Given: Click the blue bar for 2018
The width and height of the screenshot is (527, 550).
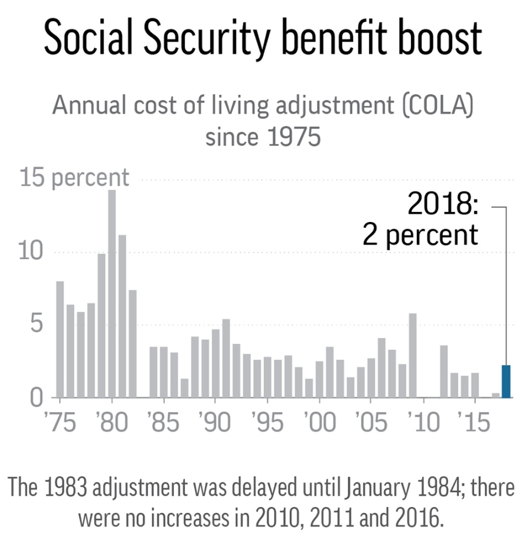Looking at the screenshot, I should click(x=507, y=381).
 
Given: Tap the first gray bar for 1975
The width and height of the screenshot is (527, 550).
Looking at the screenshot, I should click(x=60, y=339).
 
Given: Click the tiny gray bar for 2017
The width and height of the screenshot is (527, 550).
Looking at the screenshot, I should click(x=496, y=395).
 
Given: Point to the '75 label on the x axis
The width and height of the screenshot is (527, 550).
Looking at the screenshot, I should click(x=60, y=423).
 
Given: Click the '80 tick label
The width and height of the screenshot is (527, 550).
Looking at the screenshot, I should click(x=112, y=423).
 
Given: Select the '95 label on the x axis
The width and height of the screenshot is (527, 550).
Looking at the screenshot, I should click(x=267, y=423).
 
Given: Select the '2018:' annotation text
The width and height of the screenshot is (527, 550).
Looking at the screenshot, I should click(x=443, y=205).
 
